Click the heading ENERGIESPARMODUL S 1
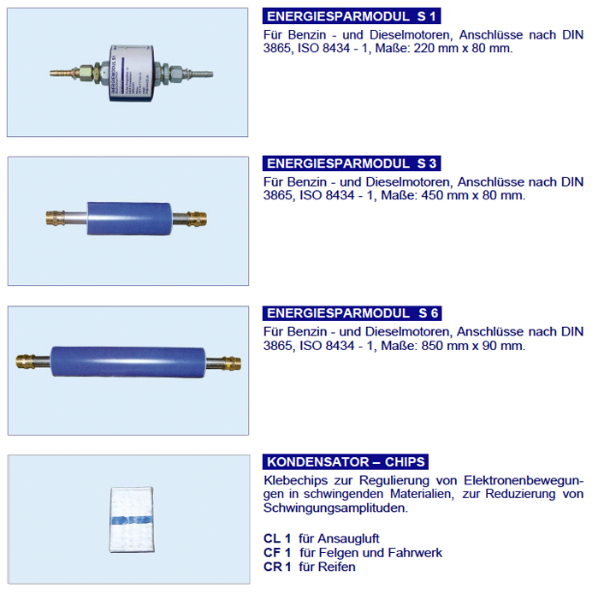[352, 16]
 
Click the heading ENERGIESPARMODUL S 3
[352, 163]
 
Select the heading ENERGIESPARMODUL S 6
[352, 313]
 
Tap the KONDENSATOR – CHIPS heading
[345, 461]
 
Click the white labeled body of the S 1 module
[132, 73]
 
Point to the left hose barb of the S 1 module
[60, 73]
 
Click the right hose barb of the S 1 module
[201, 73]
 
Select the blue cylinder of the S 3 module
[130, 218]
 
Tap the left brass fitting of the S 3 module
[55, 218]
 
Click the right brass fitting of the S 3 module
[198, 219]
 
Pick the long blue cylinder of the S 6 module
[127, 362]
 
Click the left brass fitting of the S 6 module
[25, 361]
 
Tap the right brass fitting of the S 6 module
[232, 363]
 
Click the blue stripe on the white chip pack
[132, 520]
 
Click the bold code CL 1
[277, 538]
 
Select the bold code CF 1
[277, 552]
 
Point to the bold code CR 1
[277, 567]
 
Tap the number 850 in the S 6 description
[433, 346]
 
